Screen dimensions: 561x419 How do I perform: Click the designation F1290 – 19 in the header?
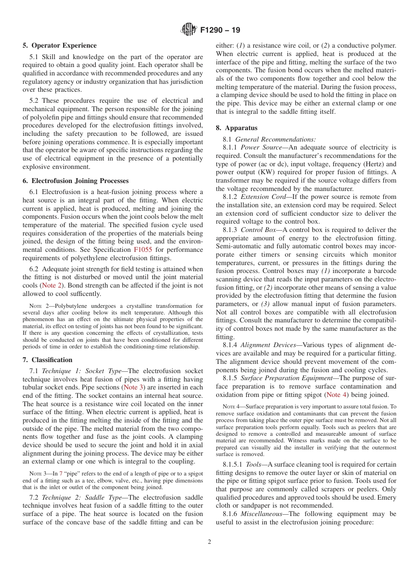point(220,30)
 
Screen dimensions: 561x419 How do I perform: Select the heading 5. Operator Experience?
point(60,45)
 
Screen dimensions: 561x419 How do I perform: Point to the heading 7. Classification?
point(48,360)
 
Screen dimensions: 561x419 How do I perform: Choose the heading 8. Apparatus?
point(236,128)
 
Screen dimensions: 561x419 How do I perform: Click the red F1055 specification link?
point(143,250)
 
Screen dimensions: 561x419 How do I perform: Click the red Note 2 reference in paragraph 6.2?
point(52,285)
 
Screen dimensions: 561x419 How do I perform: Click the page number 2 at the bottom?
point(209,542)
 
